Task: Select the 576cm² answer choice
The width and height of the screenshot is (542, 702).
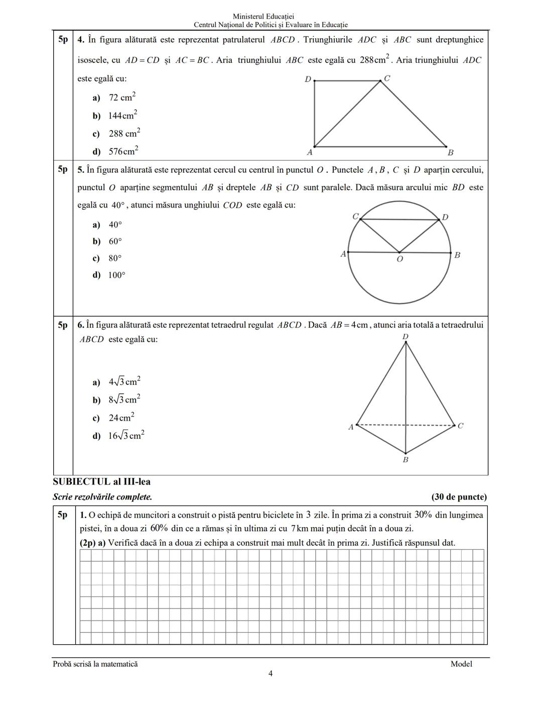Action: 123,151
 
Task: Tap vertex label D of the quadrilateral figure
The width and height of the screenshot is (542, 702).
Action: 308,79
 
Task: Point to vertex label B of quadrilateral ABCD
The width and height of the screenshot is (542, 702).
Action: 450,152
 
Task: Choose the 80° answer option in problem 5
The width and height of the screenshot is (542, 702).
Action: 115,258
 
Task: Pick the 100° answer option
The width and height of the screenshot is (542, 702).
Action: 116,275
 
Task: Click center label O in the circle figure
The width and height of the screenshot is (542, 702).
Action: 399,259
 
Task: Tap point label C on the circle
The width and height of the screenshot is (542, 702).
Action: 355,216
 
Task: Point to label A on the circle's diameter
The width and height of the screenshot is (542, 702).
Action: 343,254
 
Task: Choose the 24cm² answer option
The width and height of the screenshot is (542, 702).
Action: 121,418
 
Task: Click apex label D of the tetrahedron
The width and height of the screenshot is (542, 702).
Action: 405,336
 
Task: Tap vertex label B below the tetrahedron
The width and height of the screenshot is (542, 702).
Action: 405,460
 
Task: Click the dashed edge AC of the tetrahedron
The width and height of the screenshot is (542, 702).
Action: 381,425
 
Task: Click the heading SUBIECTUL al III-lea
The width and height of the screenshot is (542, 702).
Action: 102,481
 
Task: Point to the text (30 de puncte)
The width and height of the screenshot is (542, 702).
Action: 459,497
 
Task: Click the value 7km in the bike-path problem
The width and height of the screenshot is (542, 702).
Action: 300,529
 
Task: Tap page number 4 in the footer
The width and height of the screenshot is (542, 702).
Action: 270,674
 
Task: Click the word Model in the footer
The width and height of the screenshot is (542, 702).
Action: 461,664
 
